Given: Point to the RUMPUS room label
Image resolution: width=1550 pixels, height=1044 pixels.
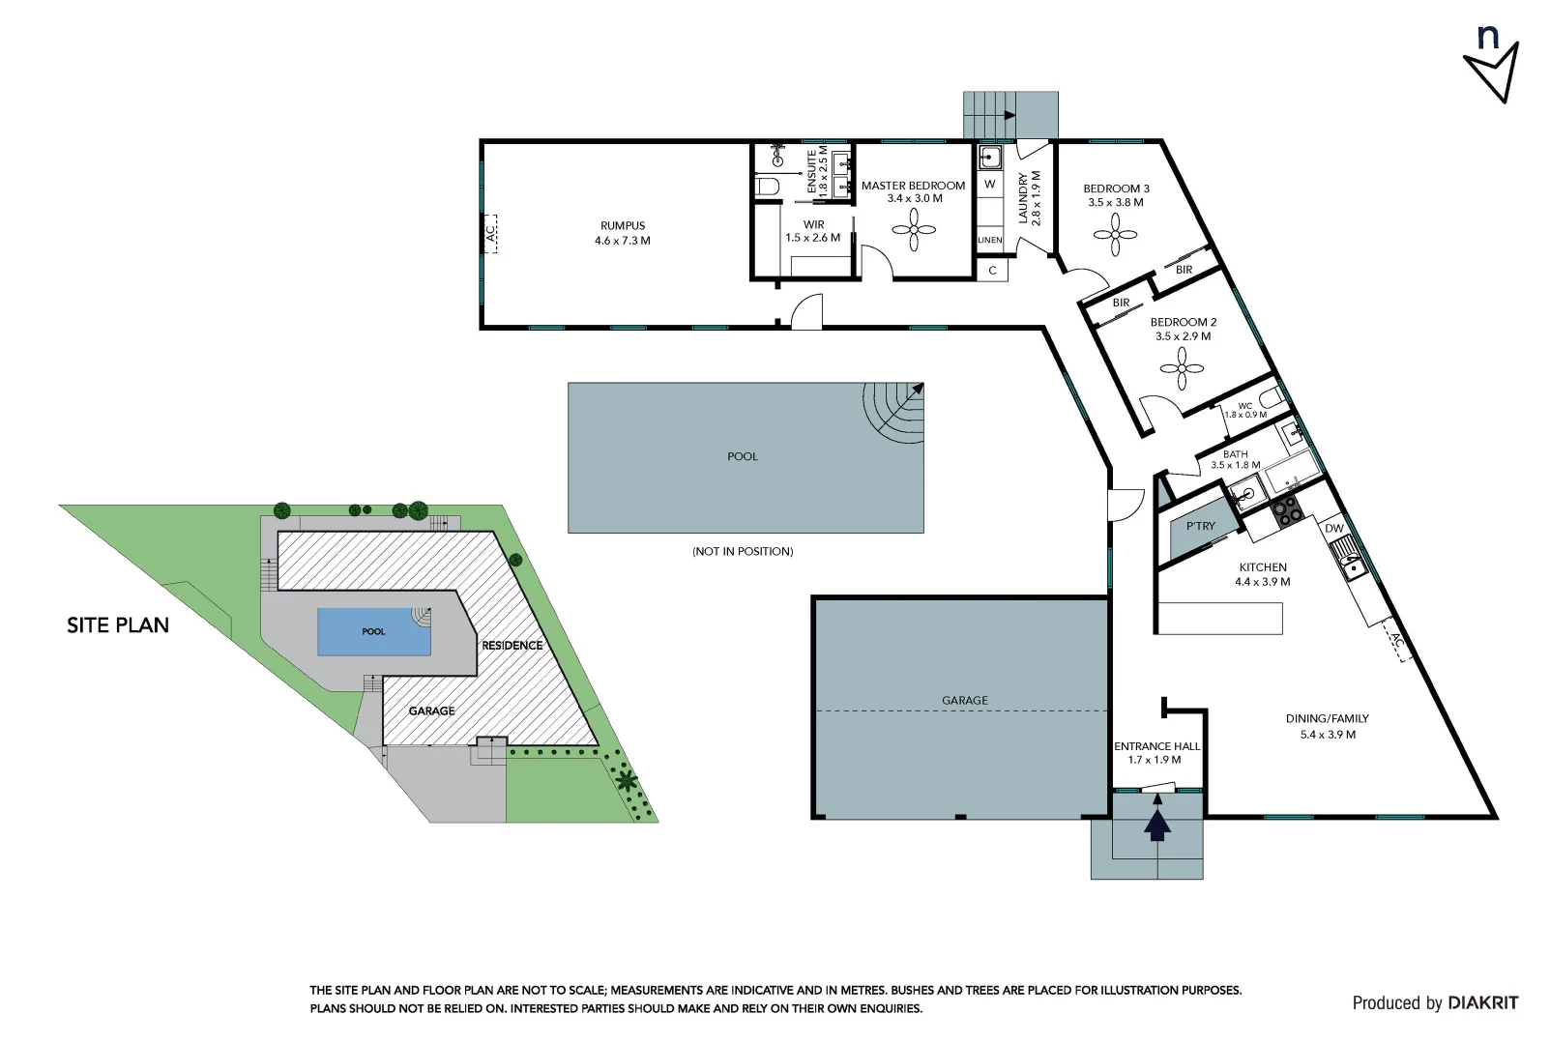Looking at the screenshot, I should pos(622,225).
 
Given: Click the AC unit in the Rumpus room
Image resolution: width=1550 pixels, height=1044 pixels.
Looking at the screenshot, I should pos(489,233).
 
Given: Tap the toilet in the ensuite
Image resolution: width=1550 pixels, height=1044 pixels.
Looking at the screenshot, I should pos(768,186).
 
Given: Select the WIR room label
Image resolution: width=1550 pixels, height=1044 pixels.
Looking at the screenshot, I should pos(813,224).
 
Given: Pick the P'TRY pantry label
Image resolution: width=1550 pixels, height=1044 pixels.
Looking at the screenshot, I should pos(1200,526).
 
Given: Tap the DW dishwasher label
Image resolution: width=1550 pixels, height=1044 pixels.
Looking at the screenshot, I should pos(1333,528).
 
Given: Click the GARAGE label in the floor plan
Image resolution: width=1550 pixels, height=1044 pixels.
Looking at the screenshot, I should pos(965,700).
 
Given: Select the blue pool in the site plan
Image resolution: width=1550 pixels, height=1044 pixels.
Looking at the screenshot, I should pos(374,631).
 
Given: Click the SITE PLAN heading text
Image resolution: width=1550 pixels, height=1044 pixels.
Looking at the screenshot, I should pos(118,625).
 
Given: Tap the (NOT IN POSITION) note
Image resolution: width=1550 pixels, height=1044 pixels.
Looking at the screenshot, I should pos(742,551).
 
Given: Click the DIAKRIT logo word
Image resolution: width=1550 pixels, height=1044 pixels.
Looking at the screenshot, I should pos(1482,1002).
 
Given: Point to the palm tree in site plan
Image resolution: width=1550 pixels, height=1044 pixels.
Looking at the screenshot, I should pos(627,778).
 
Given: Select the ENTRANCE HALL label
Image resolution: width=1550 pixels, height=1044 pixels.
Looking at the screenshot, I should pos(1156,746).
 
